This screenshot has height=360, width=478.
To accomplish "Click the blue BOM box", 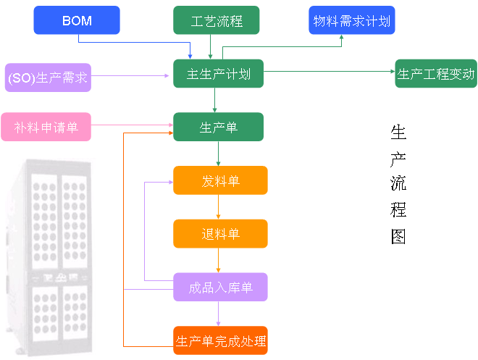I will pyautogui.click(x=77, y=20).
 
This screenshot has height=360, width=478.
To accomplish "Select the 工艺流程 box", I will pyautogui.click(x=216, y=20).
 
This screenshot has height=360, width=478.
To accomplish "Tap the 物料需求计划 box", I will pyautogui.click(x=351, y=20).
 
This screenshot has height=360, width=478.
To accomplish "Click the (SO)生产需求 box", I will pyautogui.click(x=47, y=77).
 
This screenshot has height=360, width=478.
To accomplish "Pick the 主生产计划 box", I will pyautogui.click(x=218, y=74).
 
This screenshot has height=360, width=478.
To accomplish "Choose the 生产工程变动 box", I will pyautogui.click(x=435, y=74).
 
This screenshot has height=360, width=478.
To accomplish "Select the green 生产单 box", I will pyautogui.click(x=218, y=127).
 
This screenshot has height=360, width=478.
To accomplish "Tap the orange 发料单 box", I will pyautogui.click(x=220, y=180).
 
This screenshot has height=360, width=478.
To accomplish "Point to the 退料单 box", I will pyautogui.click(x=220, y=234).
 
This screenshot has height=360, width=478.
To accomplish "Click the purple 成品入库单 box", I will pyautogui.click(x=220, y=288).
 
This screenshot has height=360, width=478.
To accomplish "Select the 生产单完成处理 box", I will pyautogui.click(x=220, y=340).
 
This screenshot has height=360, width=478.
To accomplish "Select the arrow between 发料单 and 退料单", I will pyautogui.click(x=219, y=207).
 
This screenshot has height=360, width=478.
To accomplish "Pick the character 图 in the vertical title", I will pyautogui.click(x=398, y=237).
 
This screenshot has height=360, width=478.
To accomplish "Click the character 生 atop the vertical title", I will pyautogui.click(x=398, y=132).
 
